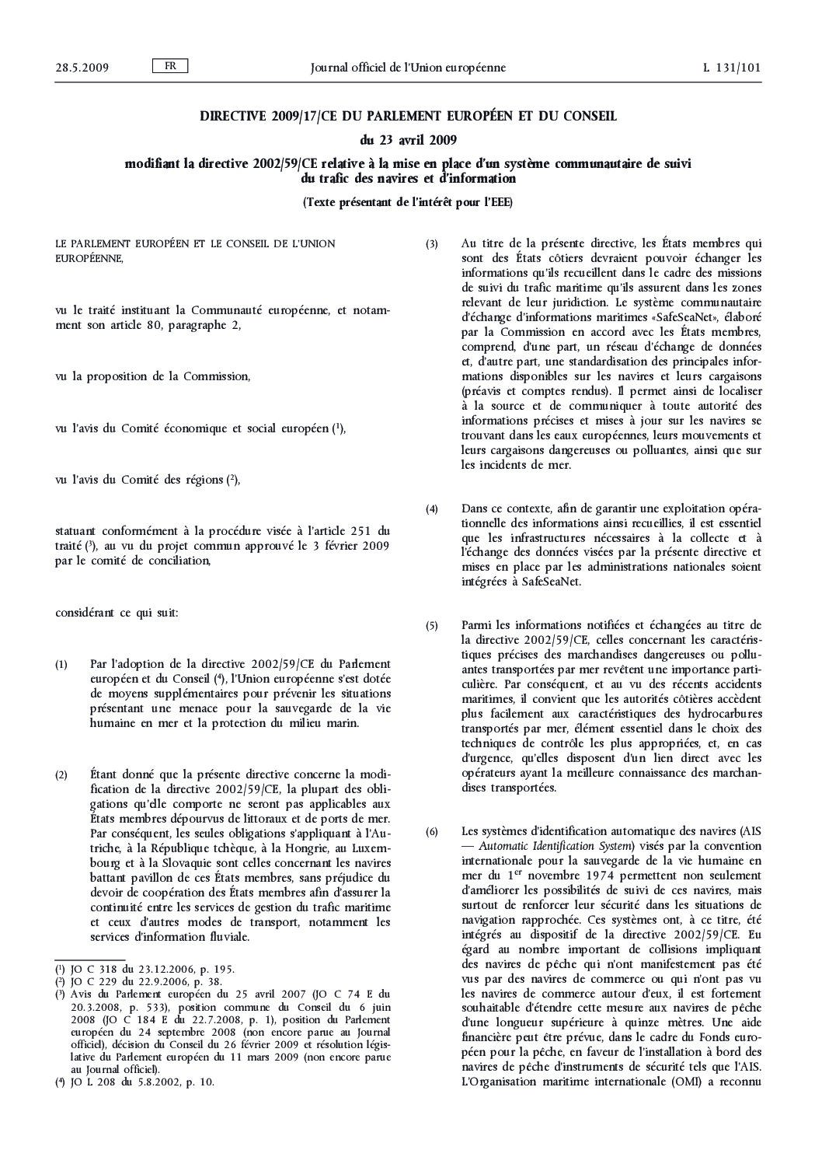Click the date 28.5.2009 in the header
click(82, 68)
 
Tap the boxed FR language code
click(169, 66)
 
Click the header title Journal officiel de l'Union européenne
click(408, 68)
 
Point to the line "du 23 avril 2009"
click(408, 141)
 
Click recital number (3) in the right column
click(432, 244)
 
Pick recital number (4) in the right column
click(432, 509)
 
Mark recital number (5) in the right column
click(432, 625)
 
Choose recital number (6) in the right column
click(432, 832)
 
